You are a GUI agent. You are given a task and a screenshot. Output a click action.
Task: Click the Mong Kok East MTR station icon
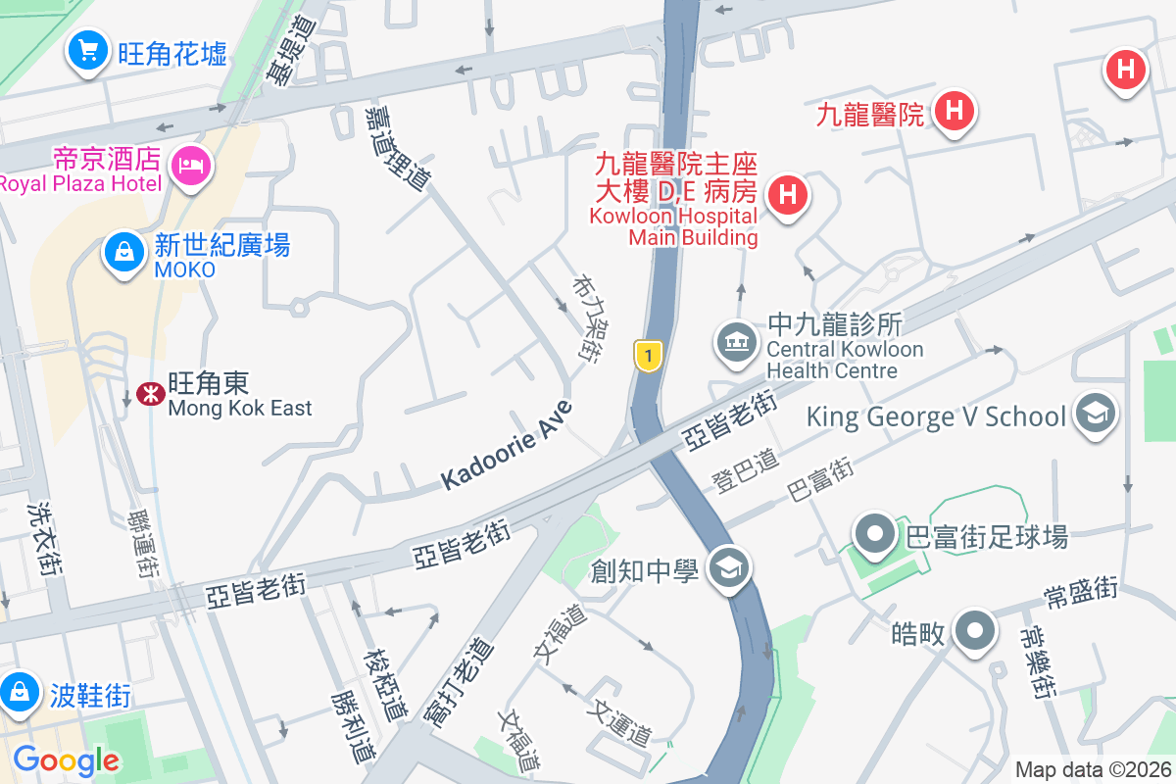(x=150, y=394)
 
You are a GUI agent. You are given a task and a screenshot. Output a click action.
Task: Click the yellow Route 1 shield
(x=647, y=355)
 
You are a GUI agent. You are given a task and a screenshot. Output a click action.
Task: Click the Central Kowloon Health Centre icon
(x=737, y=343)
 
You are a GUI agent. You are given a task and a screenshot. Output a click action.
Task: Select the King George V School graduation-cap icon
(x=1096, y=414)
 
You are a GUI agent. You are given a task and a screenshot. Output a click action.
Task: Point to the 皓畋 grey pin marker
(x=976, y=631)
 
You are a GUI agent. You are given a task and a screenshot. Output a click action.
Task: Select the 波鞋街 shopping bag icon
(x=18, y=692)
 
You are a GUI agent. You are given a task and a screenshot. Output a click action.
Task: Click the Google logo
(x=67, y=760)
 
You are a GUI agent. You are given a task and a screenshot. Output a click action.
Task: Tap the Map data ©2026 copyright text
(x=1092, y=769)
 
